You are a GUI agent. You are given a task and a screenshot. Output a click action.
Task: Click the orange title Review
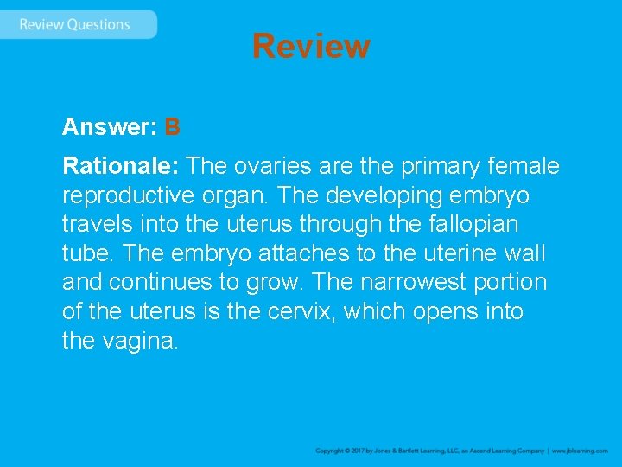coord(311,46)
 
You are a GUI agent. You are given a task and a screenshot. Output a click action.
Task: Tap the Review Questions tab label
coord(74,24)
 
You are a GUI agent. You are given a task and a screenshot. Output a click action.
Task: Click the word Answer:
coord(109,128)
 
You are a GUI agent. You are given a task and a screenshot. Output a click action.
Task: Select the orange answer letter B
coord(172,128)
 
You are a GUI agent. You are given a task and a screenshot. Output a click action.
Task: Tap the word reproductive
coord(131,195)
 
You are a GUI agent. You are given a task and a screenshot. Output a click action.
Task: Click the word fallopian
coord(471,224)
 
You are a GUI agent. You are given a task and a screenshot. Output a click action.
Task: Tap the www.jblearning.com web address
coord(580,451)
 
